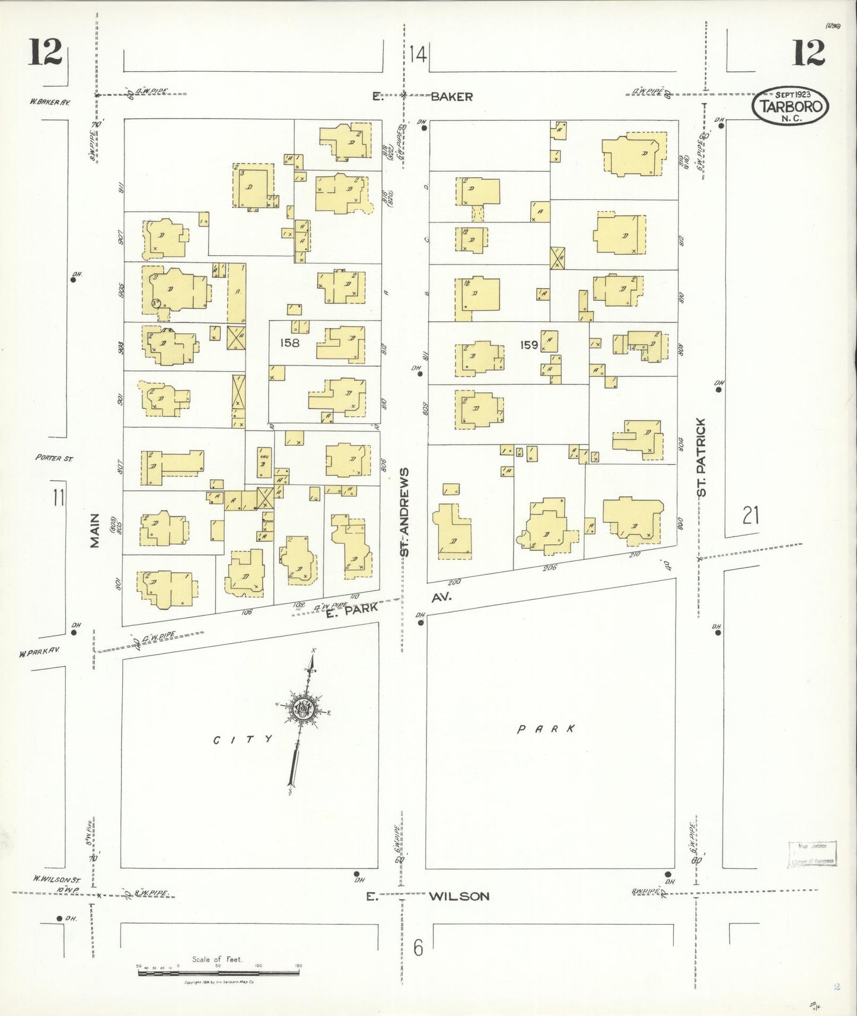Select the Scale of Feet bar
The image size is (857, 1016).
coord(218,973)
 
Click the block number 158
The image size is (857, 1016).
coord(290,343)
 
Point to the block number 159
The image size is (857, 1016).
coord(528,344)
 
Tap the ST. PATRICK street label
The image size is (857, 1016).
coord(702,457)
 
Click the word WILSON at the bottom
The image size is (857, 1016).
coord(460,896)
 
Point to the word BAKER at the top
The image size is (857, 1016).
coord(451,96)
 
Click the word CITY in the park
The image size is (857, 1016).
coord(243,739)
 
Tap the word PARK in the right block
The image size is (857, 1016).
coord(546,729)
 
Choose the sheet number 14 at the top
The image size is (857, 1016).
coord(418,55)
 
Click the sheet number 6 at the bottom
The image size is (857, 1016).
coord(419,948)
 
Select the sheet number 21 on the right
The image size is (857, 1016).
coord(750,515)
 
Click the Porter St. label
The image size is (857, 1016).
coord(53,458)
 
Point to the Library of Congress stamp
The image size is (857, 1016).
coord(812,854)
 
